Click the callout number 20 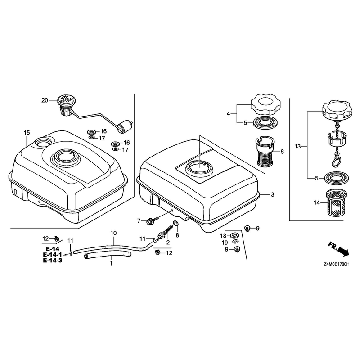coord(45,100)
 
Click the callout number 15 coord(27,133)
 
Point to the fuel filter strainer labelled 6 coord(264,152)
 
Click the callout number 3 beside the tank coord(273,195)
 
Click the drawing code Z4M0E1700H coord(337,264)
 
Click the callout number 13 coord(297,147)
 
